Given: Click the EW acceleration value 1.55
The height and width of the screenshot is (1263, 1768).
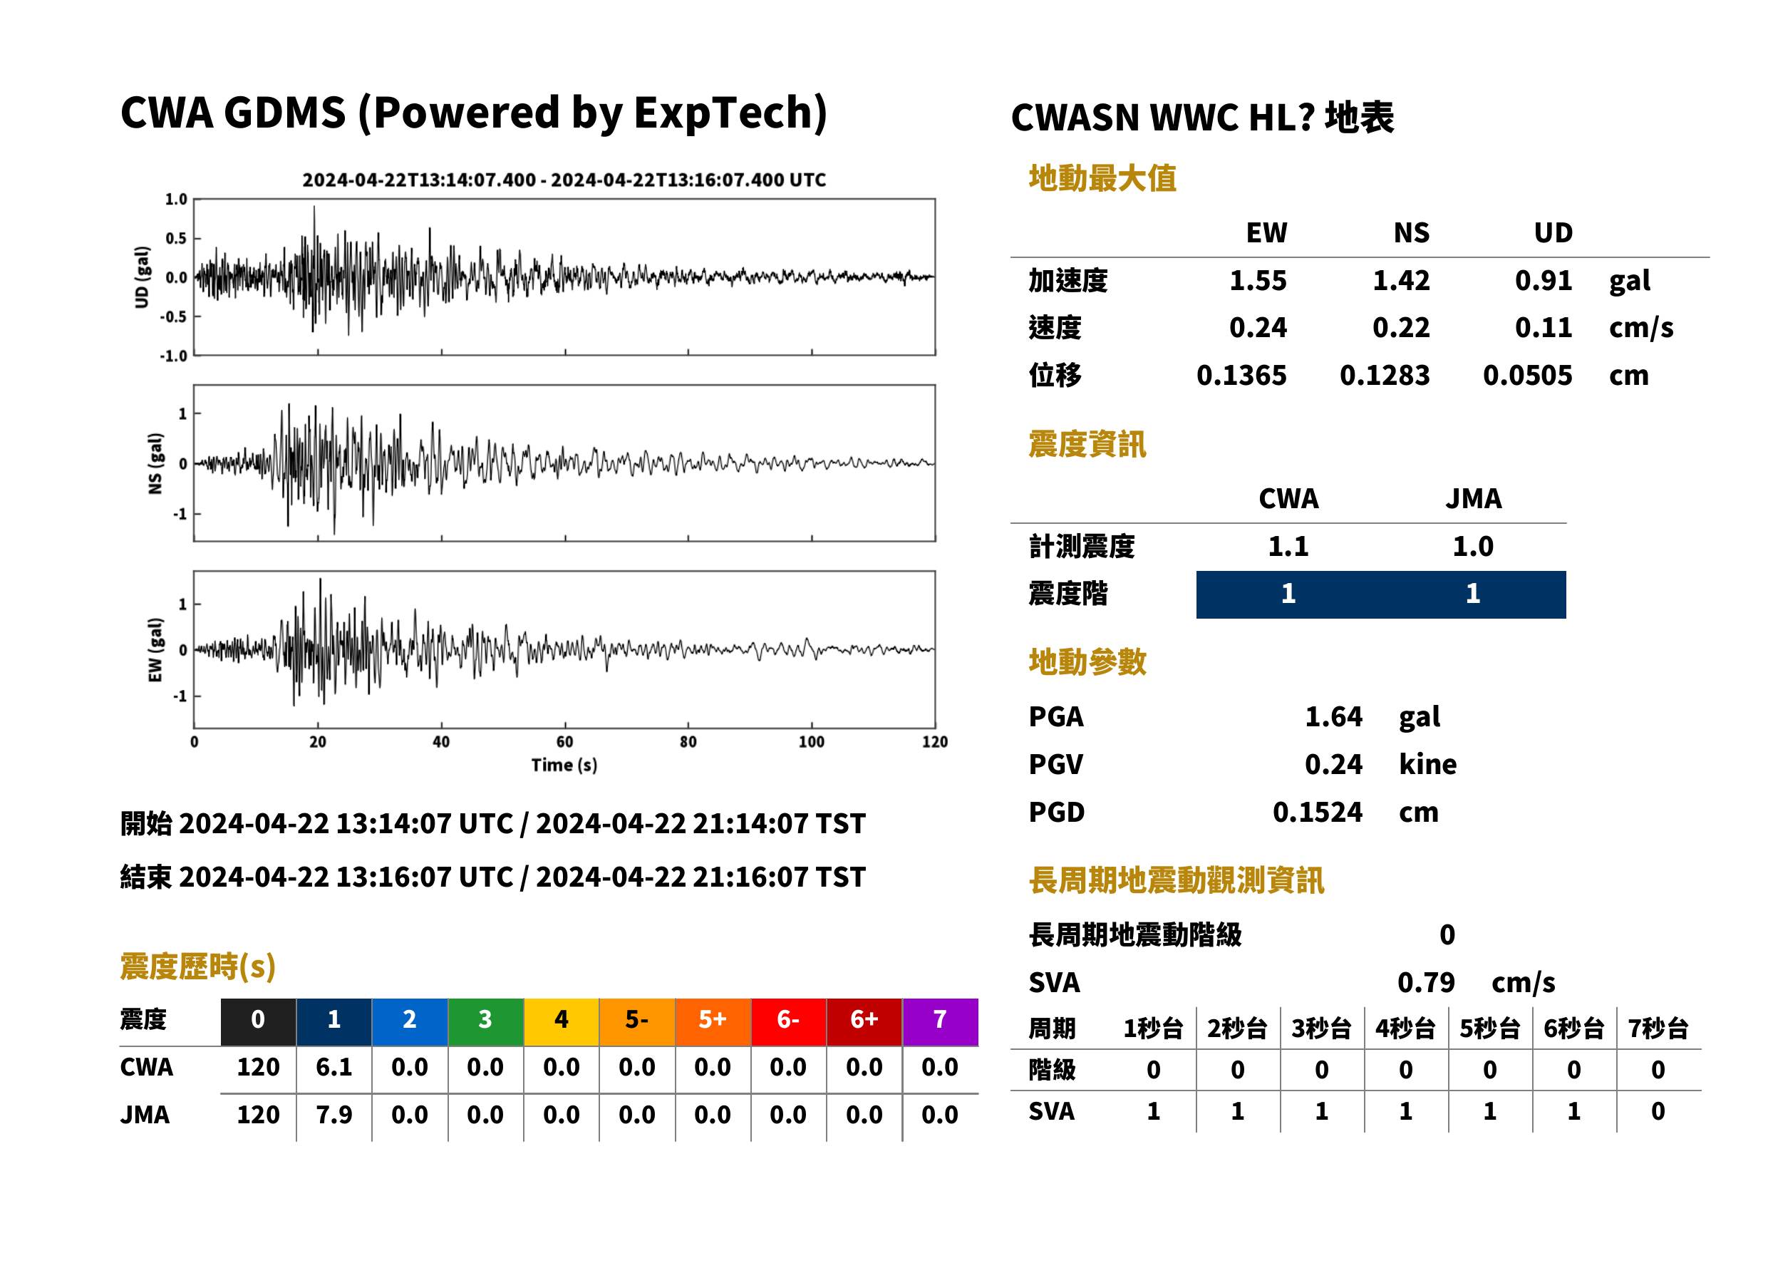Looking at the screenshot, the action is tap(1257, 281).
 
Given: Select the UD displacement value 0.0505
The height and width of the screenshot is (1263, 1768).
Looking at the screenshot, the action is tap(1527, 376).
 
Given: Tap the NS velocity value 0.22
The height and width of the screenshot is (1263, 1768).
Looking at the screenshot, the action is tap(1400, 328).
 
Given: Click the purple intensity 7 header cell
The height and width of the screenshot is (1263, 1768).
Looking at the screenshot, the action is tap(940, 1019).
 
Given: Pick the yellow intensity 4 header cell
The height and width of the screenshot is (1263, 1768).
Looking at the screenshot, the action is tap(562, 1019).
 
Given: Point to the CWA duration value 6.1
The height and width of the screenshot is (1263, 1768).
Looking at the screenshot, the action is tap(334, 1067).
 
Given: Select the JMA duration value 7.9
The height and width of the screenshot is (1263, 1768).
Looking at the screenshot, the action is tap(334, 1115).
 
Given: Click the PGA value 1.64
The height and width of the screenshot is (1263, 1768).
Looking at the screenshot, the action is tap(1333, 716).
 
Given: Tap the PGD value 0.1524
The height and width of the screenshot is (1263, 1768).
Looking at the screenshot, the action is tap(1317, 812).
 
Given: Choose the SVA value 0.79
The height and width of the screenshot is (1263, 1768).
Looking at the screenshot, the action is tap(1426, 982).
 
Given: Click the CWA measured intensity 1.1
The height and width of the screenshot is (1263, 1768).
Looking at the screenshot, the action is tap(1288, 547).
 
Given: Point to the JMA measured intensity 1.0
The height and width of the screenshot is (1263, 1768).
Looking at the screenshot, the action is tap(1472, 547).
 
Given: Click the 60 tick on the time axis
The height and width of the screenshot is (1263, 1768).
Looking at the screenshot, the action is tap(564, 742).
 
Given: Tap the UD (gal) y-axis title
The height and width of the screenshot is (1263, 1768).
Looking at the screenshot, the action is tap(142, 278).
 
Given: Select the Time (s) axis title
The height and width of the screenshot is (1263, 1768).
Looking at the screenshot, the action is tap(564, 765).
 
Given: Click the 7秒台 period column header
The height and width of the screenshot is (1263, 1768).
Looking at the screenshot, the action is tap(1658, 1029).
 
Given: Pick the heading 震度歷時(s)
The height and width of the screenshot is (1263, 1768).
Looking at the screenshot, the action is tap(197, 966).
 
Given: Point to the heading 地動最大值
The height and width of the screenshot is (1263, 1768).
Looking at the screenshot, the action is tap(1102, 178).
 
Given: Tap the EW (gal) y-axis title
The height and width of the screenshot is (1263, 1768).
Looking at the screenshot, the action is tap(155, 650).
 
